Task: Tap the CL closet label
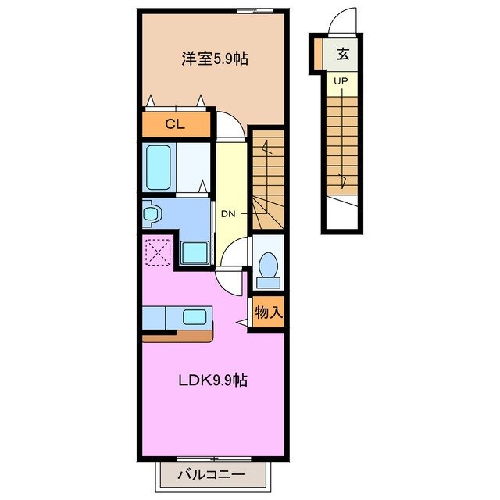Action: point(176,125)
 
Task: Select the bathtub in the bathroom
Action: point(159,166)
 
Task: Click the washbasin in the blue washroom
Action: point(151,212)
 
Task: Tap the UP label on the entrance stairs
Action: point(341,80)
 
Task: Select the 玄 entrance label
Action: point(343,55)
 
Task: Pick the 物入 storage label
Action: point(268,313)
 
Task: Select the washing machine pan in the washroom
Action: point(194,252)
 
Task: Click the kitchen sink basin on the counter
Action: point(195,316)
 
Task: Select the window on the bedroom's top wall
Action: point(255,10)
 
